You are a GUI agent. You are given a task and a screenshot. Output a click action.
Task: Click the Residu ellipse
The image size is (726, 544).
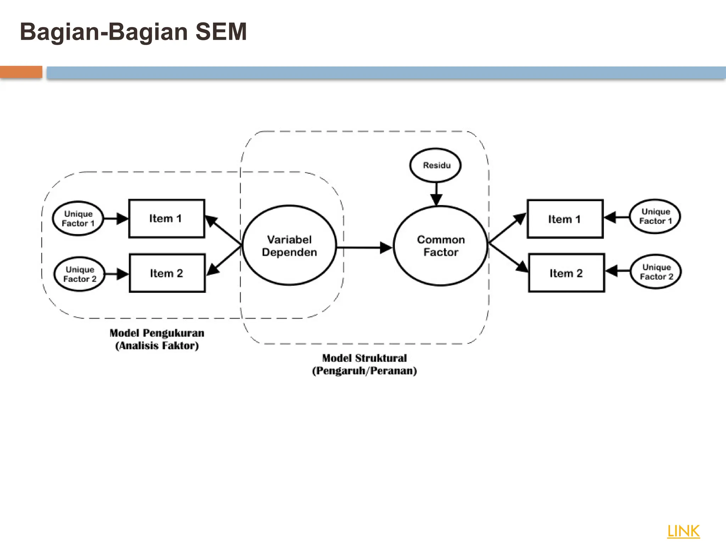click(x=435, y=165)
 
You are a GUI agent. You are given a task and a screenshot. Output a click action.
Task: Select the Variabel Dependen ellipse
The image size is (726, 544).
click(x=289, y=245)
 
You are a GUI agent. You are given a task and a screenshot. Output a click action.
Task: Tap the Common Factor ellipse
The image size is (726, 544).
click(x=440, y=245)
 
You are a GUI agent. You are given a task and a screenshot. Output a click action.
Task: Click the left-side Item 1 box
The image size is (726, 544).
click(x=166, y=219)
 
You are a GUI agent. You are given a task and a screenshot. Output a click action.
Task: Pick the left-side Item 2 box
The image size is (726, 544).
click(x=167, y=273)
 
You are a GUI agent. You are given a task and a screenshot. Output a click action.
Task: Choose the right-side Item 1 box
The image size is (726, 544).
click(x=565, y=219)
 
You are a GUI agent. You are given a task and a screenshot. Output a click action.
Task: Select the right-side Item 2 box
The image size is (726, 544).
click(x=566, y=273)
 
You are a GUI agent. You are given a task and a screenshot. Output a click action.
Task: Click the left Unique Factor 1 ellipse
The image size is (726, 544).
click(x=78, y=219)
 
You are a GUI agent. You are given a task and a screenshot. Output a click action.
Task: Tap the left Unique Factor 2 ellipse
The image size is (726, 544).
click(x=80, y=274)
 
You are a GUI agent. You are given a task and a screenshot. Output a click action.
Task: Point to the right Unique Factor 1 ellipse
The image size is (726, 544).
click(x=655, y=216)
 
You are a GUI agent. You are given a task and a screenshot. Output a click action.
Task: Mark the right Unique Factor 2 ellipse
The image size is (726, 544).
click(x=656, y=272)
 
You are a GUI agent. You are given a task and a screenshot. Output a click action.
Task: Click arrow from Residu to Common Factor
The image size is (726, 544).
click(x=436, y=194)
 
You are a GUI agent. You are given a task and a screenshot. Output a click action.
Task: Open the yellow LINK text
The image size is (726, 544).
click(x=683, y=531)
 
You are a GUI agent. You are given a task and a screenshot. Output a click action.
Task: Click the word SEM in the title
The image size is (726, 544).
click(x=221, y=32)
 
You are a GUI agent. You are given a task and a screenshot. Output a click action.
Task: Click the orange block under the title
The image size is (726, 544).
click(x=21, y=72)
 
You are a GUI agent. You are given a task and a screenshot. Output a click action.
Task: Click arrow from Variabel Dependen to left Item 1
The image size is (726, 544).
click(x=223, y=229)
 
